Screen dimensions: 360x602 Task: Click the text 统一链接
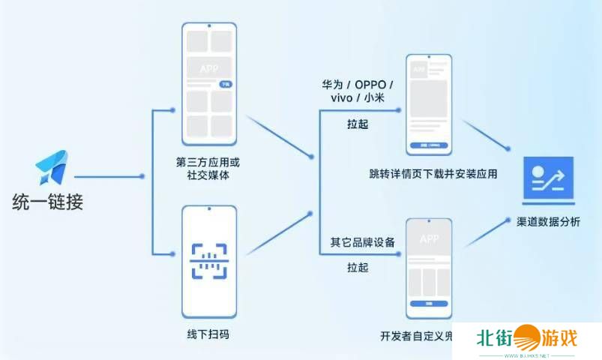point(47,202)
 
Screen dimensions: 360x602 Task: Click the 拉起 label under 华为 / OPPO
point(358,124)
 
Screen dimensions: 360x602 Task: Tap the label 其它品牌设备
point(363,242)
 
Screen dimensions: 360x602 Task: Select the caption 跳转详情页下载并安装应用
point(433,174)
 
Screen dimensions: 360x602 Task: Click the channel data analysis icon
point(548,180)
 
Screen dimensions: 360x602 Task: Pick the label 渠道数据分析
point(548,223)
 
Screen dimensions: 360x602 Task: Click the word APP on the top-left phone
point(209,69)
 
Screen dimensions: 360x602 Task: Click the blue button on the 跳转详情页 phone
point(429,145)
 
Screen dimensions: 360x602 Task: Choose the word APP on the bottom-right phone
point(429,239)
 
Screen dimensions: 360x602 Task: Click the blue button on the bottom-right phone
point(429,304)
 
